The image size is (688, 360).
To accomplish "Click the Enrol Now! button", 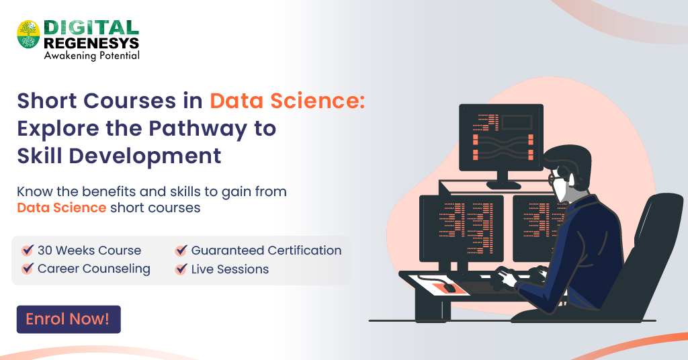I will (x=68, y=320).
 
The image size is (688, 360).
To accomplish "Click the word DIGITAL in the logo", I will (x=91, y=28).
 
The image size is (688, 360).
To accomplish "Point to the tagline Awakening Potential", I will (x=91, y=56).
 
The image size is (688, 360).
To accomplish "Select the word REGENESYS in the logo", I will (x=91, y=42).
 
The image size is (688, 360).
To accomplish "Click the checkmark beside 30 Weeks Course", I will (x=28, y=251).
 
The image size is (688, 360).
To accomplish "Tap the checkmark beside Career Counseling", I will (x=28, y=269).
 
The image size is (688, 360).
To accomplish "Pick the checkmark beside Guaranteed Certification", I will (x=181, y=251).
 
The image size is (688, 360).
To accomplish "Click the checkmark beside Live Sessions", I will (x=181, y=269).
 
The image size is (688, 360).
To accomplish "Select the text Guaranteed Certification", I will (x=266, y=251).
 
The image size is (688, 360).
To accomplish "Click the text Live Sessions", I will (x=230, y=269).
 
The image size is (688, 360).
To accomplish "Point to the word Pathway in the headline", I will (x=195, y=128).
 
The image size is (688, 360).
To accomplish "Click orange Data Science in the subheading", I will (x=61, y=208).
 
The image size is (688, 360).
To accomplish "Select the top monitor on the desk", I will (x=501, y=137).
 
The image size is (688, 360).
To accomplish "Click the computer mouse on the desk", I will (x=448, y=287).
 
